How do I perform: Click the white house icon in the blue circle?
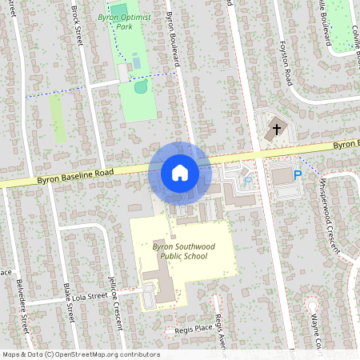[x=179, y=173]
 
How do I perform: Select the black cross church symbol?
[x=276, y=127]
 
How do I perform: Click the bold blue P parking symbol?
[x=298, y=175]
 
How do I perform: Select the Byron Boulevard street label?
[x=173, y=36]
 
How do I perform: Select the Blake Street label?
[x=68, y=305]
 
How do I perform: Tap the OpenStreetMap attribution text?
[x=80, y=354]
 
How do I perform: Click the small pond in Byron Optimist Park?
[x=141, y=86]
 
